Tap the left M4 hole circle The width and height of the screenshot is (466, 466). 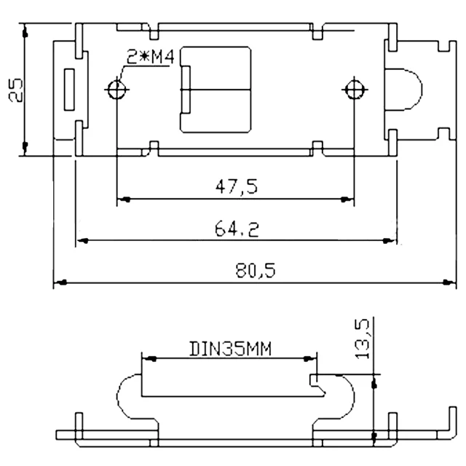pyautogui.click(x=116, y=90)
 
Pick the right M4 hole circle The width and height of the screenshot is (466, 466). pyautogui.click(x=354, y=90)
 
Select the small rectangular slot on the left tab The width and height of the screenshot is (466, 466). pyautogui.click(x=69, y=90)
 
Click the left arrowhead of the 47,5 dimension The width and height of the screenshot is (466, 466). pyautogui.click(x=122, y=198)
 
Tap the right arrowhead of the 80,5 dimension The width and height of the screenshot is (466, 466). pyautogui.click(x=446, y=281)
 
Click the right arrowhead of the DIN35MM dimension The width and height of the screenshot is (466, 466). pyautogui.click(x=313, y=358)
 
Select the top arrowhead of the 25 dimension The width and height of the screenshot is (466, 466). pyautogui.click(x=24, y=33)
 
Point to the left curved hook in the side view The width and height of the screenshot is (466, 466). pyautogui.click(x=125, y=397)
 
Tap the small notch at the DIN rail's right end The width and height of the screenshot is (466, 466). pyautogui.click(x=314, y=381)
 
